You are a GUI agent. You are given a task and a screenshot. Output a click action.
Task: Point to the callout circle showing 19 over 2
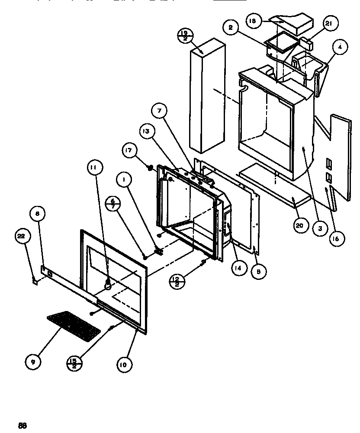pos(185,35)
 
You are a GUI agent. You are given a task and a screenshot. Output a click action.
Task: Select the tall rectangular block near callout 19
pos(207,95)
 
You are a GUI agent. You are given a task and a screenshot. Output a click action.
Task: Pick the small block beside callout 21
pos(308,43)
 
